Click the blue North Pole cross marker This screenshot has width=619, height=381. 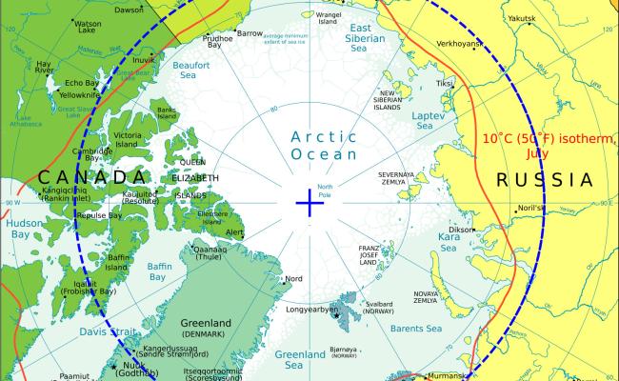(309, 202)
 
